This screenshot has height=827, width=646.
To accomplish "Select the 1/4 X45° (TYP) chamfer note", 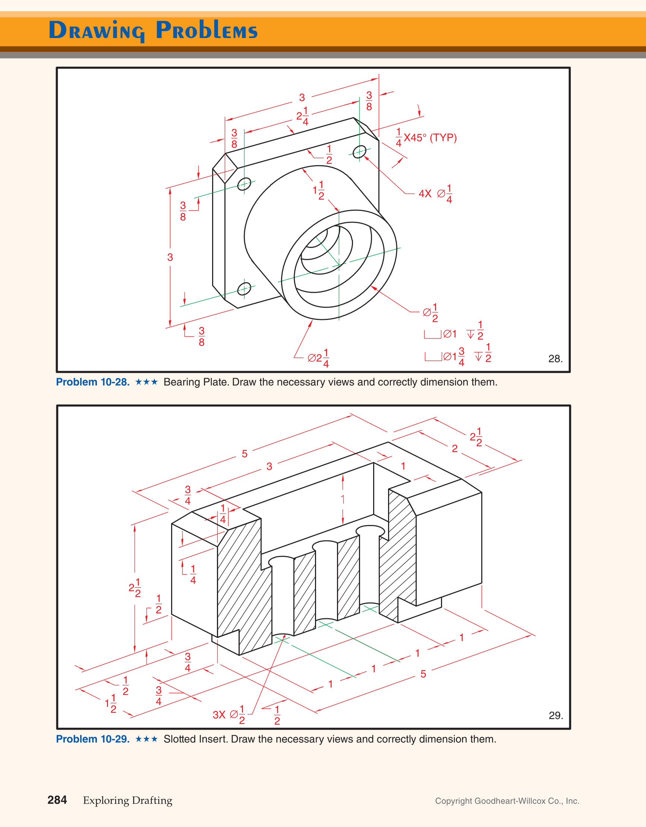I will [x=426, y=138].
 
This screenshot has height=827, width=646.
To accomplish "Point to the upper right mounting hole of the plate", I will [x=359, y=152].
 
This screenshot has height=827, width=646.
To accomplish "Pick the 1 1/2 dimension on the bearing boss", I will [x=318, y=190].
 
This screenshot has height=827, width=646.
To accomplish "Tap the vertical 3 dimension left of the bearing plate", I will [x=170, y=257].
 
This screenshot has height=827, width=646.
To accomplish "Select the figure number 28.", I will [x=555, y=359].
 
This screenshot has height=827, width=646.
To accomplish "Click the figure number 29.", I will [x=555, y=715].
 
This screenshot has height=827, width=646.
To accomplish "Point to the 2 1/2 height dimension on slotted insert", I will [x=135, y=588].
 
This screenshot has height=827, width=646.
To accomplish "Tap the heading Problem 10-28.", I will [x=93, y=382].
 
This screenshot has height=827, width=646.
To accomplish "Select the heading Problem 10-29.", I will [x=93, y=739].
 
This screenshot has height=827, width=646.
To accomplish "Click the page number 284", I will [x=57, y=800].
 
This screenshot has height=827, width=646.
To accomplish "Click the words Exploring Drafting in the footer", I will [x=127, y=800].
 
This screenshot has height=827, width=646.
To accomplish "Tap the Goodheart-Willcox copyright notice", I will [x=507, y=801].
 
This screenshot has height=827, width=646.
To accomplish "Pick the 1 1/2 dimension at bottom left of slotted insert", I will [x=111, y=704].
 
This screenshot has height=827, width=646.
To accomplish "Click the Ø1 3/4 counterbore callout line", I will [x=457, y=356].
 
